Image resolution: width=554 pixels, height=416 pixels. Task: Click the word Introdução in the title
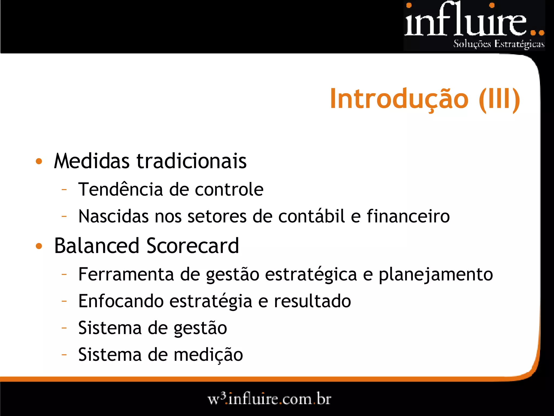coord(399,99)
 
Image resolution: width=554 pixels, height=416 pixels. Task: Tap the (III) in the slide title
coord(499,99)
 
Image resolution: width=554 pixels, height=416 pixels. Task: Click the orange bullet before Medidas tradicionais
coord(39,161)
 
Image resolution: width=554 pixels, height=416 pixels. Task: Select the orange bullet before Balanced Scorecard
coord(39,246)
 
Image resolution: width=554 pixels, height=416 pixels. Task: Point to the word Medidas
coord(92,161)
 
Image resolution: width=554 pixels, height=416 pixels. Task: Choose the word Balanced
coord(97,246)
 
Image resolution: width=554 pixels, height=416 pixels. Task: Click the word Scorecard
coord(193,246)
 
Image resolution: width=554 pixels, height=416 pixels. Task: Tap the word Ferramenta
coord(126,274)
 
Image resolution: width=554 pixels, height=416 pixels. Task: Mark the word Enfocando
coord(121,301)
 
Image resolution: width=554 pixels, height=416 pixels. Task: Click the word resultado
coord(312,301)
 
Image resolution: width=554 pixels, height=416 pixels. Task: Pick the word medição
coord(208,355)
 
